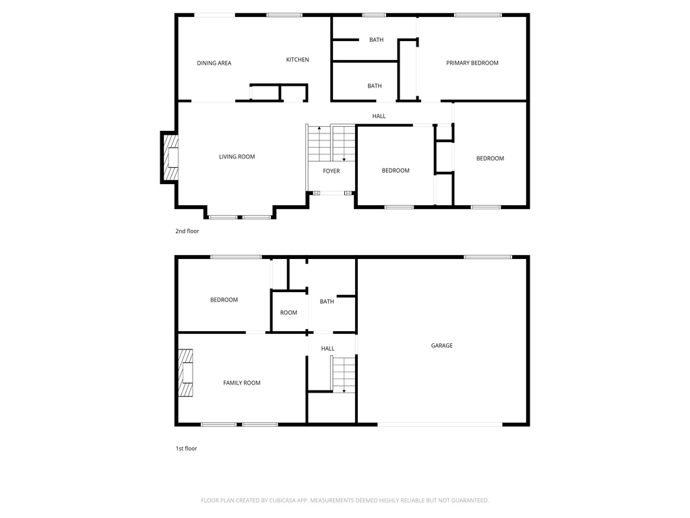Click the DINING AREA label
pos(214,63)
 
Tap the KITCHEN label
pos(297,60)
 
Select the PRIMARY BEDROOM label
pos(472,63)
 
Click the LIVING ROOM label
pos(237,157)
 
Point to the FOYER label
pos(331,171)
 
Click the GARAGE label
pos(441,346)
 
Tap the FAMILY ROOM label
pos(241,383)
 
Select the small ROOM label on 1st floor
pos(288,313)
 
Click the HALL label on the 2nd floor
pos(379,117)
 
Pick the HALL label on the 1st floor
pos(327,349)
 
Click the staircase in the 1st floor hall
pos(343,374)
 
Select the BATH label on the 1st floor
pos(327,302)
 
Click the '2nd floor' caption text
pos(187,231)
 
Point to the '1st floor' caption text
pos(186,449)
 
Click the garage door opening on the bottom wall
pos(439,424)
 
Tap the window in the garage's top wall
pos(487,257)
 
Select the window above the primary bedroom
pos(477,15)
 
